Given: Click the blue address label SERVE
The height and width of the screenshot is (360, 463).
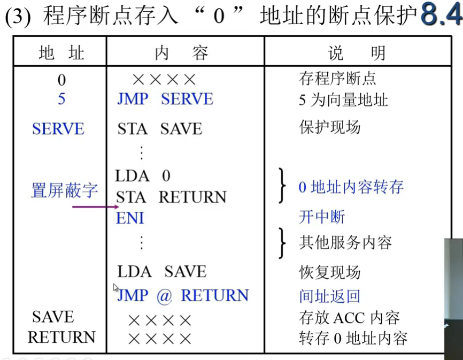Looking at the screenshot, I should (58, 129).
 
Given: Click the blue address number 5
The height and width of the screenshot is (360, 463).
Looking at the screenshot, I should (61, 99).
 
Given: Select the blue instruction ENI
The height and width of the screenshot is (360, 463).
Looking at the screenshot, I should (130, 218).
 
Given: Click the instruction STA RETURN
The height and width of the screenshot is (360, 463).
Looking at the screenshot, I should (171, 197).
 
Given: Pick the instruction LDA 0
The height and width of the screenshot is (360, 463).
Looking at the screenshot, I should (143, 175).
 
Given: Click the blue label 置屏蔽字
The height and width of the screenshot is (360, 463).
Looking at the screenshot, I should (64, 190).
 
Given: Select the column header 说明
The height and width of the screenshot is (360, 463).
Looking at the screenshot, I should (356, 53).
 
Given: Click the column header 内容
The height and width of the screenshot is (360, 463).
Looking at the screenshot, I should (181, 53).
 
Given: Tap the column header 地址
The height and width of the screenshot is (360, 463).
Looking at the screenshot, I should (61, 53).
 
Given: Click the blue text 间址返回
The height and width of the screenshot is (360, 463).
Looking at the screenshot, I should (330, 296).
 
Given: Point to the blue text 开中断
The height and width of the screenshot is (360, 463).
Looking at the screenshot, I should (322, 217).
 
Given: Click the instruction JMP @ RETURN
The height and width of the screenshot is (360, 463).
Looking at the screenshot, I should (183, 296).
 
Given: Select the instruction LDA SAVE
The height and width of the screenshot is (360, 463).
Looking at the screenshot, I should (161, 272).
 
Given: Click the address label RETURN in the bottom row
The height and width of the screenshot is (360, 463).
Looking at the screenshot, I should (61, 338).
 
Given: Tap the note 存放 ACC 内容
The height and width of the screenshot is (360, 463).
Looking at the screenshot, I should (349, 318).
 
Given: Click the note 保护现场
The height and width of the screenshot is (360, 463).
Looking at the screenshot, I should (329, 128).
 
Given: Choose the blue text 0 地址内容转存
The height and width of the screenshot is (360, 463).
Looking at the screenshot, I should (351, 187).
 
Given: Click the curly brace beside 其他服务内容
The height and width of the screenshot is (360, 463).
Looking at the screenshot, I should (282, 242).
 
